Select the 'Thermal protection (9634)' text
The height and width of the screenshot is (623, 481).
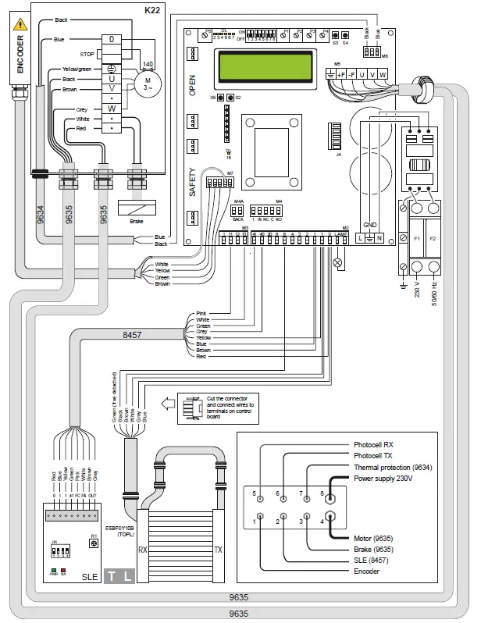(x=393, y=467)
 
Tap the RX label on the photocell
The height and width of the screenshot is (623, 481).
(x=142, y=550)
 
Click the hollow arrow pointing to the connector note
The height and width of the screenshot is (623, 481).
(x=168, y=404)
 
